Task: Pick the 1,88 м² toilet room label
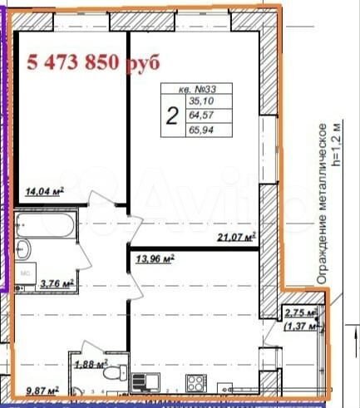pyautogui.click(x=92, y=362)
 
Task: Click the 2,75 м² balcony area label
pyautogui.click(x=301, y=312)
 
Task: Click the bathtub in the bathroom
pyautogui.click(x=46, y=222)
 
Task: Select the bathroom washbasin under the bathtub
pyautogui.click(x=24, y=248)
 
